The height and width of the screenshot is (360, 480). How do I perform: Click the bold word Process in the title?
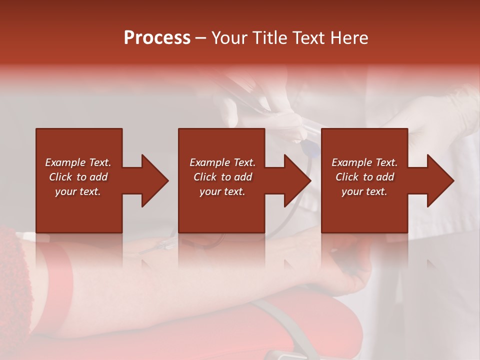pos(157,38)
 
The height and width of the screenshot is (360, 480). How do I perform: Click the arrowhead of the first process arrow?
pos(154,180)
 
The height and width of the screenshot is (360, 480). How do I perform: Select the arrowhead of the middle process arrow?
pos(297,180)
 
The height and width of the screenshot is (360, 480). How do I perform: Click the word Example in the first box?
pos(65,162)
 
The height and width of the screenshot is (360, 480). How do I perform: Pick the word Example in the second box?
pos(209,162)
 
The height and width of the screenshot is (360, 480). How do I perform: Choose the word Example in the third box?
pos(351,162)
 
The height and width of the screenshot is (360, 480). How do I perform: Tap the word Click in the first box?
pos(61,177)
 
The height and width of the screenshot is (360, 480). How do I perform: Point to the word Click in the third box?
pos(347,177)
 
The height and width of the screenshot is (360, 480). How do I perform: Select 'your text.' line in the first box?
pos(78,191)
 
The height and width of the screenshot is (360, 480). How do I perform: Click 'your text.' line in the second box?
pos(222,191)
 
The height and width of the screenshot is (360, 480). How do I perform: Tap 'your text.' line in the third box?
pos(364,191)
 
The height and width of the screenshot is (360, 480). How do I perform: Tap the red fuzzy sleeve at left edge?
pos(12,280)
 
